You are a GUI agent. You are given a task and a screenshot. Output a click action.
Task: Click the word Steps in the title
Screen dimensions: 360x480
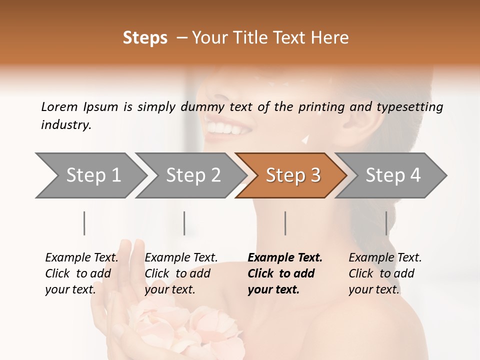145,38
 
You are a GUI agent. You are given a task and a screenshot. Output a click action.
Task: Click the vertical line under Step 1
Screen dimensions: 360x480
84,223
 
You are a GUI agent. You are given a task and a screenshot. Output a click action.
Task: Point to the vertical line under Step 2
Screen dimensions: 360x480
184,223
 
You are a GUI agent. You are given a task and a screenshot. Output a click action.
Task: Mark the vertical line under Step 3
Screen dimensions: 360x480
285,223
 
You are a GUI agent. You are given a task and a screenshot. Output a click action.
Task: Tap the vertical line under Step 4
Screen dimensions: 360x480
386,223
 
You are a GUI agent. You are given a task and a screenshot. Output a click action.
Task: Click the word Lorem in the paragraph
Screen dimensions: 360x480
59,106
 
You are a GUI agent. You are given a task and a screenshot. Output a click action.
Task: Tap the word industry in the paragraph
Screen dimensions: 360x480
65,125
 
